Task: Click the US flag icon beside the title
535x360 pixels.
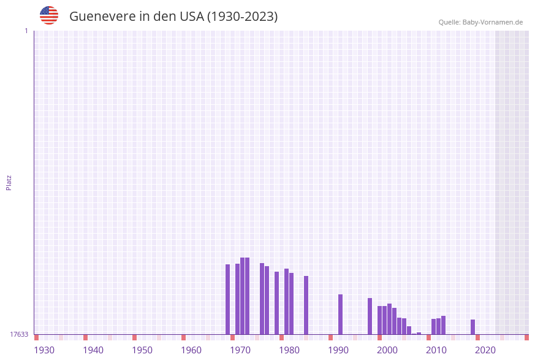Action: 49,15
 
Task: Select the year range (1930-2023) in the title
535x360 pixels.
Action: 243,17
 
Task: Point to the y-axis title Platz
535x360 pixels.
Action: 9,182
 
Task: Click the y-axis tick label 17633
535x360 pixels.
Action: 19,334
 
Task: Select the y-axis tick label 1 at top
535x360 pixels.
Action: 26,31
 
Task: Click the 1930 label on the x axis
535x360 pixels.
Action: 44,350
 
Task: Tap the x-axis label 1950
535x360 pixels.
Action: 142,350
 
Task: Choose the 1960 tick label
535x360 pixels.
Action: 191,350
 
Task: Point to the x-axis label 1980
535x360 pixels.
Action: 289,350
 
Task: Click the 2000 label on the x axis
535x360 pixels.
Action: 387,350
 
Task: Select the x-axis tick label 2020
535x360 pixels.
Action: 485,350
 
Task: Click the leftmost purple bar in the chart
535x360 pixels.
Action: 228,299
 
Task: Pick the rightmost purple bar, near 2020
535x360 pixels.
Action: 473,327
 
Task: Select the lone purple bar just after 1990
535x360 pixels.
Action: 341,314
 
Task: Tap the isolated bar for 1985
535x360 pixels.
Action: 306,305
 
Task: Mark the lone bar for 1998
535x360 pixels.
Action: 370,316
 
